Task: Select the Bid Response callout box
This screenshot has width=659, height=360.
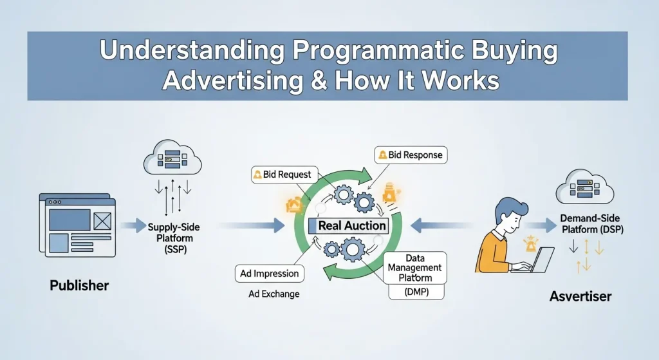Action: point(409,155)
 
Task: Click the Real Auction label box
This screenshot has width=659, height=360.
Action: point(351,225)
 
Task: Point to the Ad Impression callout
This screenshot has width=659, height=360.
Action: point(269,273)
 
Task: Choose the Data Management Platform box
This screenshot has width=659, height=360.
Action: point(415,267)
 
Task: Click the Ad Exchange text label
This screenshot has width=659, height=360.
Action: point(274,294)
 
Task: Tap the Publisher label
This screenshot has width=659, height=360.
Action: point(79,285)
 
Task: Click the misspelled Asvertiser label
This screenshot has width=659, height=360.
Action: point(580,296)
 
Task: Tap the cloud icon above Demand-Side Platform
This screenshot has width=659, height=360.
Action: point(584,186)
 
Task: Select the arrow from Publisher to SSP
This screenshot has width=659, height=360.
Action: point(132,225)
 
